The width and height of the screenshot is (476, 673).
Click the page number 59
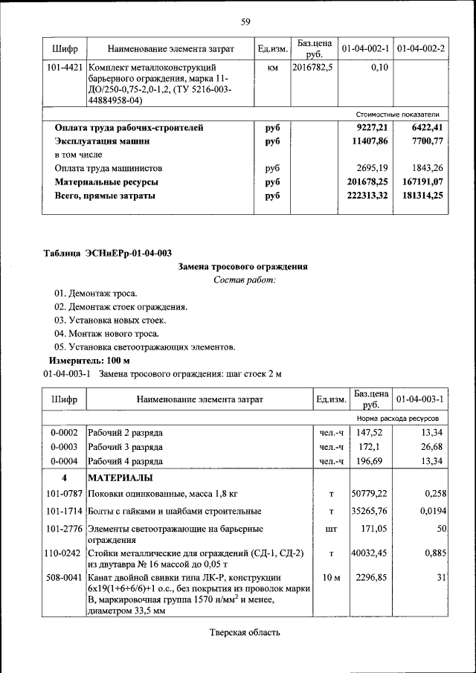pos(245,21)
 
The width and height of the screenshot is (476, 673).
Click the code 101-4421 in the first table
pos(64,68)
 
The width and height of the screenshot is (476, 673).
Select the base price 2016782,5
pos(313,68)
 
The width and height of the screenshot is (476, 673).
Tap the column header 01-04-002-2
pos(420,49)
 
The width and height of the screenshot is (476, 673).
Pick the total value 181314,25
pos(419,196)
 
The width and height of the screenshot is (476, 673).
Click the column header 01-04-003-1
pos(420,399)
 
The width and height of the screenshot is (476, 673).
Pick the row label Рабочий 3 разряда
pos(126,447)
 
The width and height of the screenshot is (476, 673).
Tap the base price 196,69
pos(369,461)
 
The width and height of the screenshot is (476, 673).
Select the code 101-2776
pos(64,528)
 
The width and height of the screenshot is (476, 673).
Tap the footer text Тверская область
pos(244,633)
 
